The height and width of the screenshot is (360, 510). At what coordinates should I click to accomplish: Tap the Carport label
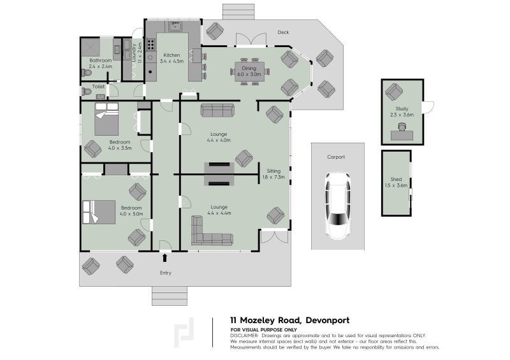tap(336, 157)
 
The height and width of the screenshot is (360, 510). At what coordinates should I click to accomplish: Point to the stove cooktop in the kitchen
tap(151, 45)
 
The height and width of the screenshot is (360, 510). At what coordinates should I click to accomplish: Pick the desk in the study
tap(402, 133)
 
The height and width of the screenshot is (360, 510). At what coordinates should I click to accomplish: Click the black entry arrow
tap(166, 258)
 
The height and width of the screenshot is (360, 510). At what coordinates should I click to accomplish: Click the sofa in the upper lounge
tap(217, 110)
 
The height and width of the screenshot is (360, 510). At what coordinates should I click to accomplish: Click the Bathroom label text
tap(100, 61)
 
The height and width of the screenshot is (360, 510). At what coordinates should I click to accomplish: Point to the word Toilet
tap(98, 86)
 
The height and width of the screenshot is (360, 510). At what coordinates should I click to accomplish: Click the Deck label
tap(284, 32)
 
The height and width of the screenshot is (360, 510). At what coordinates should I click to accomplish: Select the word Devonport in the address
tap(325, 320)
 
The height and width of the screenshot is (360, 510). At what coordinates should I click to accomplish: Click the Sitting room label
tap(273, 171)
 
